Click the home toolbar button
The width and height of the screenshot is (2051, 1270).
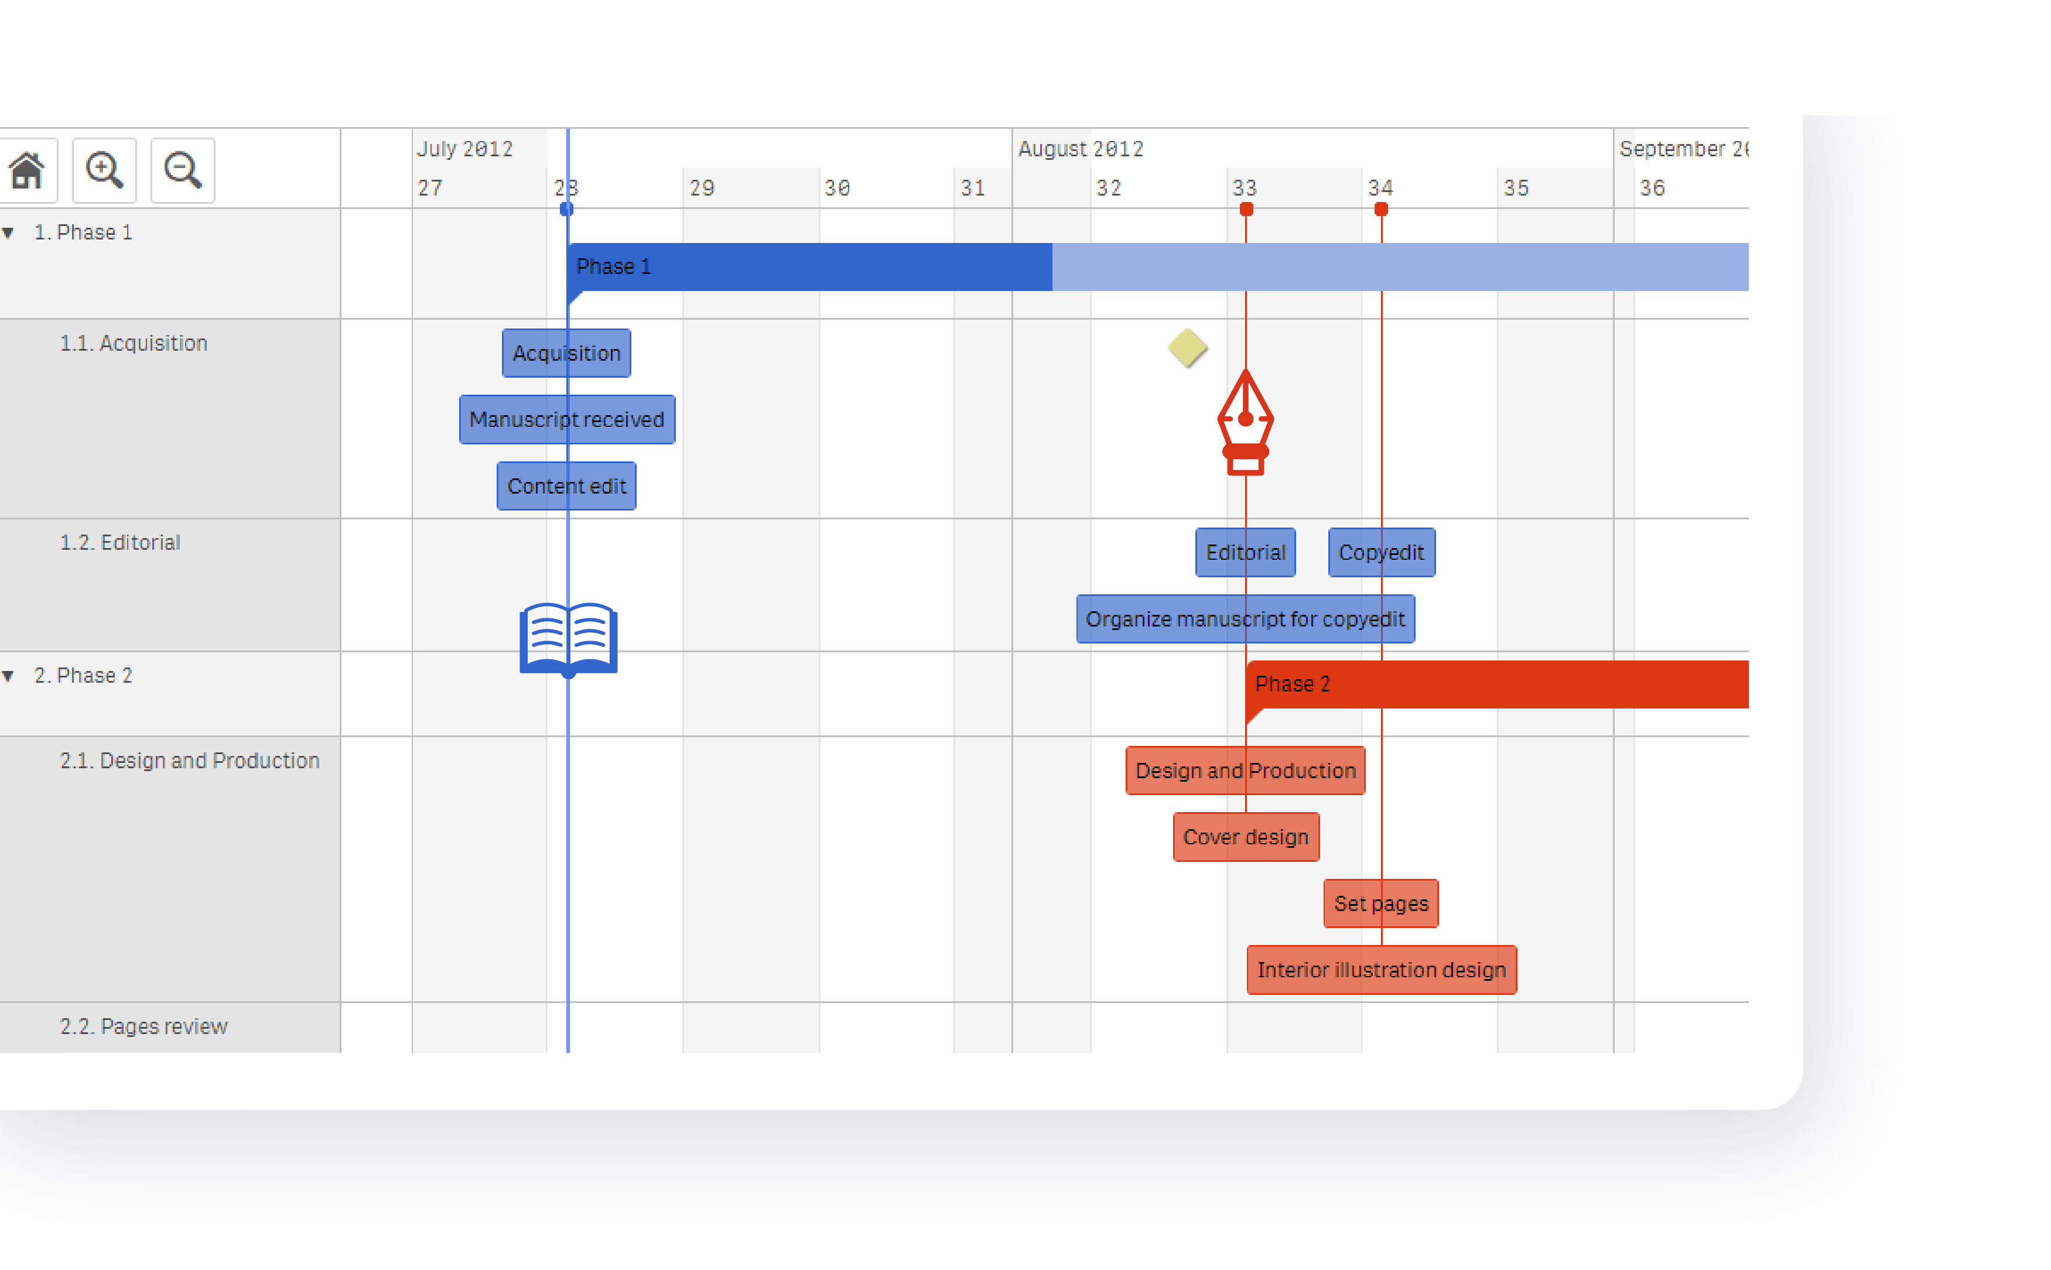(x=27, y=170)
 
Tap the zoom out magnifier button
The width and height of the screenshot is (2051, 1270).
(x=182, y=170)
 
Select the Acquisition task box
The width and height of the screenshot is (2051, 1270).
(x=566, y=352)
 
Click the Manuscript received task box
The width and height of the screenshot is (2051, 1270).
(x=567, y=419)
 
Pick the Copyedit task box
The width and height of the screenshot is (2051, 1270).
(x=1381, y=552)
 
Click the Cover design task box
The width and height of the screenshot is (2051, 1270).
(x=1246, y=837)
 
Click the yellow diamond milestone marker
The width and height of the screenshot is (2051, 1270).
(x=1188, y=348)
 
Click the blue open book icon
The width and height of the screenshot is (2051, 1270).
(x=569, y=638)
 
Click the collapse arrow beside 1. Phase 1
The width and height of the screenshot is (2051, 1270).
(x=8, y=232)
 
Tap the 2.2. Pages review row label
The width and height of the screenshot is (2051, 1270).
(x=143, y=1026)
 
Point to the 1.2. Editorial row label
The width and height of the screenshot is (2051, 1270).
(x=120, y=543)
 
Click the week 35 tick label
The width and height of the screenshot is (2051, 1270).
(x=1516, y=188)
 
